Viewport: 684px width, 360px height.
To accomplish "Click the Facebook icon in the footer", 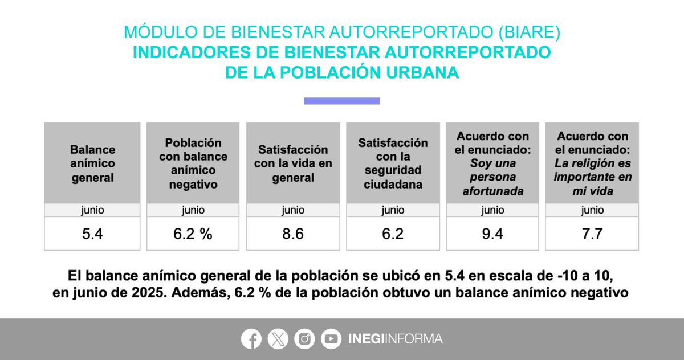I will [251, 339].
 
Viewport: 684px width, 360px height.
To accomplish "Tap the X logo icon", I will [278, 339].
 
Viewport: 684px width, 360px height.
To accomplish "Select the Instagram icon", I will [305, 339].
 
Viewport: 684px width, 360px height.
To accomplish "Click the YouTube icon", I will [331, 339].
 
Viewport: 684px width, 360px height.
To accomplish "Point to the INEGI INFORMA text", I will [395, 339].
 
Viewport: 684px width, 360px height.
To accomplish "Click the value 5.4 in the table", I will [92, 234].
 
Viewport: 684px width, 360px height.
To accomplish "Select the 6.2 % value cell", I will [193, 234].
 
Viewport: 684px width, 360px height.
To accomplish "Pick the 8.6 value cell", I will [292, 234].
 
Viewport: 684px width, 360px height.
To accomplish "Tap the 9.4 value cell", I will [492, 234].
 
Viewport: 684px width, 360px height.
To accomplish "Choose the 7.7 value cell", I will [592, 234].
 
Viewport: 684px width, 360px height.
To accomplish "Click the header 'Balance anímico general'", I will [92, 164].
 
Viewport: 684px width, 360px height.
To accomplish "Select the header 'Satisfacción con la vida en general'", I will [292, 164].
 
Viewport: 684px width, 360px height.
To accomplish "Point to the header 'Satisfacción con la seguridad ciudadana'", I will [392, 164].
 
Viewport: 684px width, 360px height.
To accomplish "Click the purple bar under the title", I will [341, 101].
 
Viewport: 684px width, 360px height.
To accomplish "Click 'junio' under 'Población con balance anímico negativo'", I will [193, 210].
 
